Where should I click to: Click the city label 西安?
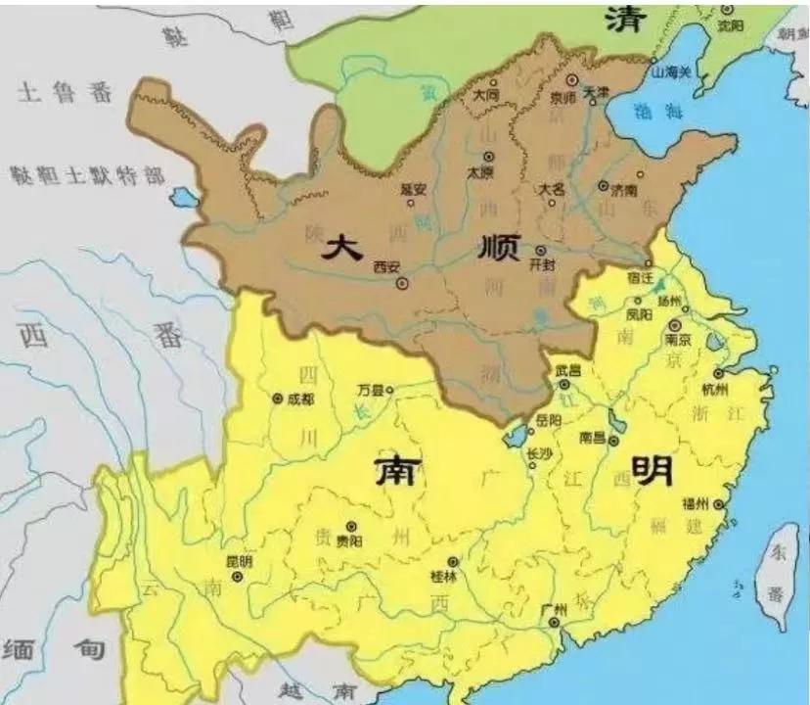(x=387, y=266)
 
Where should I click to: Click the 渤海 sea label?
(x=650, y=110)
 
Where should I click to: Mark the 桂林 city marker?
(x=453, y=563)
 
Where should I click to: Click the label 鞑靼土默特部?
(x=86, y=175)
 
